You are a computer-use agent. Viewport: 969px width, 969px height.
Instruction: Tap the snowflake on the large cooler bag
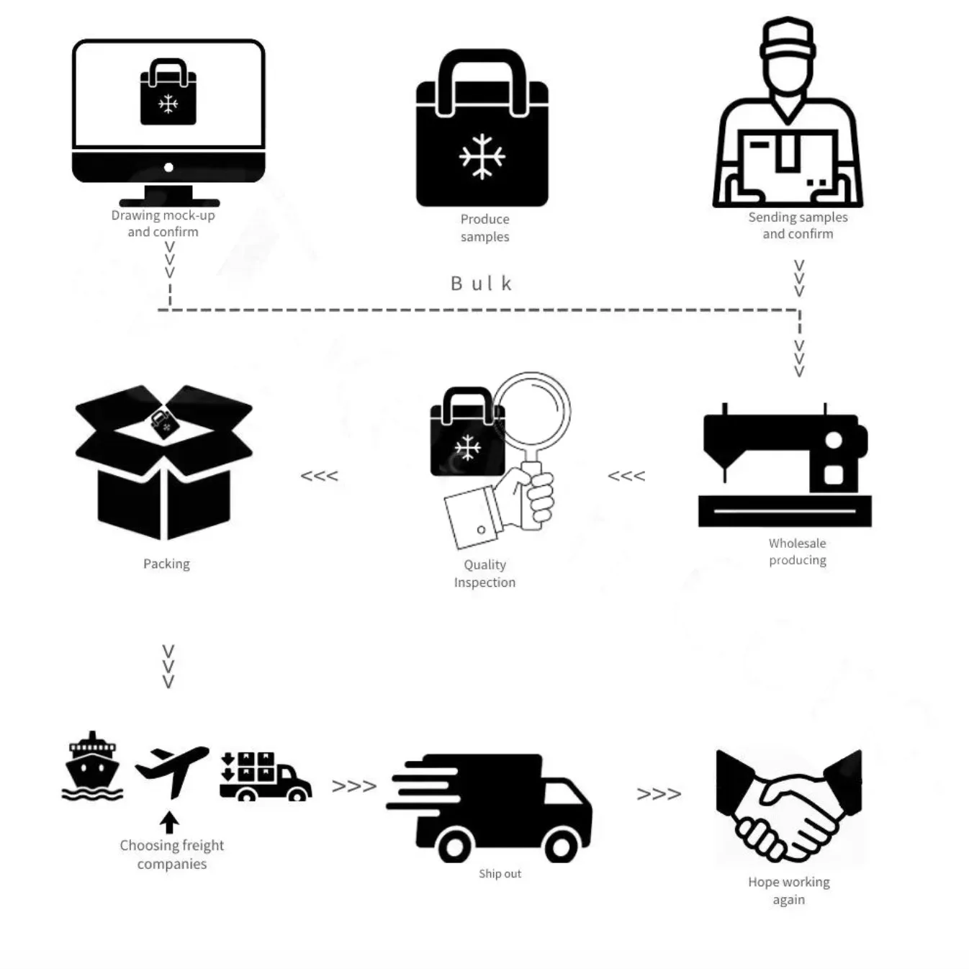(x=482, y=156)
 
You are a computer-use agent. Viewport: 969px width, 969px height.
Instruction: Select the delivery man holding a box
(x=788, y=115)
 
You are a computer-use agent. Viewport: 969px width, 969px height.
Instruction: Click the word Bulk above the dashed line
(x=481, y=284)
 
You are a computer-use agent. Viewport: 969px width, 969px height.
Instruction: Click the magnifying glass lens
(x=531, y=411)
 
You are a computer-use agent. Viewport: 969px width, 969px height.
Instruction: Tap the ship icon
(x=92, y=767)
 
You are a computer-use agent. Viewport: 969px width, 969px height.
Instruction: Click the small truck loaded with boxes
(x=265, y=777)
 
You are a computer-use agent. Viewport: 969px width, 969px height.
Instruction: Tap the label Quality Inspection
(x=484, y=574)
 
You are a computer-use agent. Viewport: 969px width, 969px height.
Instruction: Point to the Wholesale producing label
(x=797, y=551)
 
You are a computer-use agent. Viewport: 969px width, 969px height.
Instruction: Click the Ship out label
(x=500, y=874)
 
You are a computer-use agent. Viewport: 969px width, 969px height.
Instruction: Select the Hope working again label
(x=788, y=891)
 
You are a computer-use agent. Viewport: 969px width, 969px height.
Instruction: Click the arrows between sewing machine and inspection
(x=626, y=476)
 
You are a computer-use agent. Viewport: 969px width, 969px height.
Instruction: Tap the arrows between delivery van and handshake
(x=659, y=794)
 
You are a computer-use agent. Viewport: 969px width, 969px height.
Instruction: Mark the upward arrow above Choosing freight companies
(x=170, y=822)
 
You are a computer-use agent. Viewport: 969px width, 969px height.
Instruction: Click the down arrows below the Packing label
(x=168, y=667)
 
